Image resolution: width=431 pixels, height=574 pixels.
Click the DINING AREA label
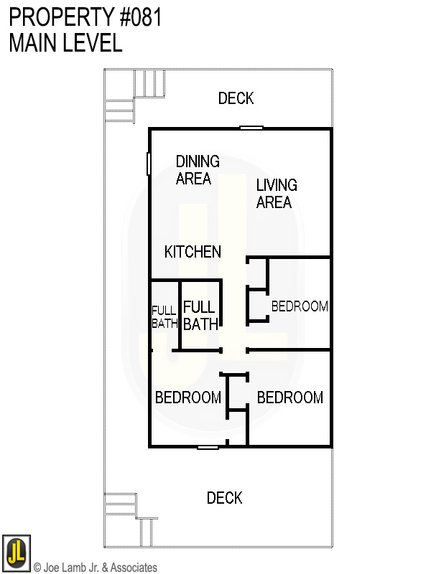pyautogui.click(x=198, y=170)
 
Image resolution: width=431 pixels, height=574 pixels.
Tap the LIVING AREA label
pyautogui.click(x=276, y=194)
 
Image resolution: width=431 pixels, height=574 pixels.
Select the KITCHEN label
pyautogui.click(x=193, y=252)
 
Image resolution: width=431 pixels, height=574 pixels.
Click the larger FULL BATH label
pyautogui.click(x=200, y=316)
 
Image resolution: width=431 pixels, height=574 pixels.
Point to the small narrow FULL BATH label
pyautogui.click(x=164, y=316)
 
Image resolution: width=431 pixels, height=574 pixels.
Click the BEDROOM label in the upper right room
pyautogui.click(x=300, y=306)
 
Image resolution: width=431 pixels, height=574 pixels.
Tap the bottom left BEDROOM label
pyautogui.click(x=188, y=397)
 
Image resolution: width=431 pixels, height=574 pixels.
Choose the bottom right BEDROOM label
pyautogui.click(x=290, y=397)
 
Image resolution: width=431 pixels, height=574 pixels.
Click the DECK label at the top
pyautogui.click(x=236, y=98)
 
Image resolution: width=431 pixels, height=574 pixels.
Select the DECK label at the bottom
pyautogui.click(x=224, y=498)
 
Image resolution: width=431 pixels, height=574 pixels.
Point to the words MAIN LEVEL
pyautogui.click(x=65, y=42)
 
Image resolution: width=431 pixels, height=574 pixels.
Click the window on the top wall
pyautogui.click(x=251, y=128)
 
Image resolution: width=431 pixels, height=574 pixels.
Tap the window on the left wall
pyautogui.click(x=149, y=164)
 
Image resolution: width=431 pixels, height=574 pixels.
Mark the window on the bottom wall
pyautogui.click(x=208, y=447)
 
